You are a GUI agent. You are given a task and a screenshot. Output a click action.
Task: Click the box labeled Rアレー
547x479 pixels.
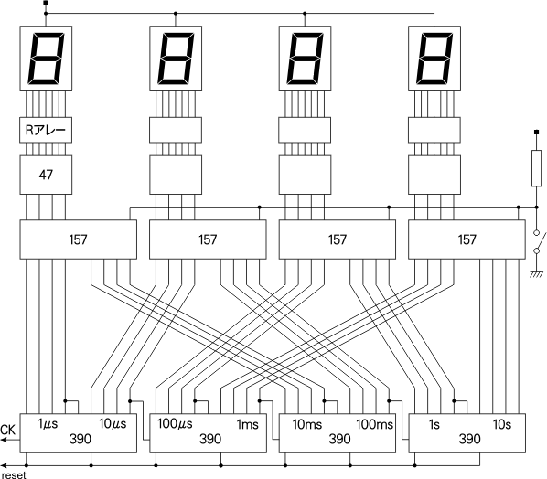tap(46, 130)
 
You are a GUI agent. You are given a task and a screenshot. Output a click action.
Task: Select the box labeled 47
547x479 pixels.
tap(46, 175)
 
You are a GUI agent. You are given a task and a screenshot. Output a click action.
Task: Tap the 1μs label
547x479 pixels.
tap(48, 424)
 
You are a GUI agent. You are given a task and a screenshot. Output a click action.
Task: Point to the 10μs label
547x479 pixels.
tap(113, 424)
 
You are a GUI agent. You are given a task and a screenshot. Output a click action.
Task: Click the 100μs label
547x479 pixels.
tap(175, 424)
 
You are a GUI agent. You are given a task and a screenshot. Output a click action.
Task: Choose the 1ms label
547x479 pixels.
tap(247, 425)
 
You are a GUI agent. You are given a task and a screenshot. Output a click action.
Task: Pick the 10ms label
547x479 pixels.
tap(307, 425)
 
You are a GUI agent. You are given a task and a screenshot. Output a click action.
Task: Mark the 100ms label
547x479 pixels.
tap(374, 425)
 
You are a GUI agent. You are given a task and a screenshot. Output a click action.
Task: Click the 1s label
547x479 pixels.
tap(434, 425)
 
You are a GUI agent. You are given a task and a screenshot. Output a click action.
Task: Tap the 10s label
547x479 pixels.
tap(502, 425)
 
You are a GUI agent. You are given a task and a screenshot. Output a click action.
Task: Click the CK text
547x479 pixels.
tap(7, 430)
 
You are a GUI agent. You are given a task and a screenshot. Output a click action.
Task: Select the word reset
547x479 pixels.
tap(14, 474)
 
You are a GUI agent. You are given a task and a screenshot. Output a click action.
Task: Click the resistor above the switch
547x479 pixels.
tap(537, 168)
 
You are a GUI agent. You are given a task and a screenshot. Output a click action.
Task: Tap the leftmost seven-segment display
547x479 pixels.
tap(46, 59)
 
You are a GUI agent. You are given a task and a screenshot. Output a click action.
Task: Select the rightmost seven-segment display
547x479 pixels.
tap(434, 59)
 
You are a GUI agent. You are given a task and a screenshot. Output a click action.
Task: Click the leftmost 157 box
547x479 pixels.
tap(78, 239)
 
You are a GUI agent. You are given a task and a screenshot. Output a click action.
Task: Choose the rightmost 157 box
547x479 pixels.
tap(467, 239)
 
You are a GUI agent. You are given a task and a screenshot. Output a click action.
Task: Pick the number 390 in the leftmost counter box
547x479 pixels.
tap(80, 439)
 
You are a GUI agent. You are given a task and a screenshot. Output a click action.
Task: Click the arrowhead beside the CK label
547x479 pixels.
tap(4, 440)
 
